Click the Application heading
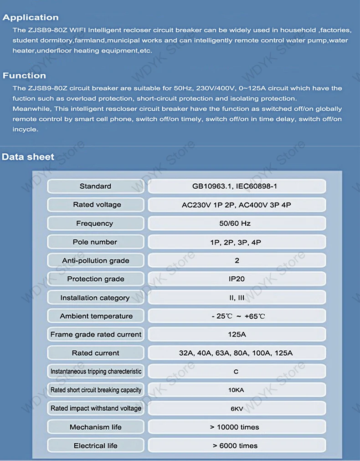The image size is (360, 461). point(31,18)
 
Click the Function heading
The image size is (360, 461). point(25,76)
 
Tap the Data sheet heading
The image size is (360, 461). point(28,157)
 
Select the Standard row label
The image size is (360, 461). point(95,186)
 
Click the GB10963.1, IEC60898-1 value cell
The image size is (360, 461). point(237,186)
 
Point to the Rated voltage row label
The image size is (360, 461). point(97,205)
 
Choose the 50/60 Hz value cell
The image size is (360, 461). point(237,223)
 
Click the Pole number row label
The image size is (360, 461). point(95,242)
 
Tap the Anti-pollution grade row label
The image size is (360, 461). point(96,261)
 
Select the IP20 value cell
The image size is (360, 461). point(237,279)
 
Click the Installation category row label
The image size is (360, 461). point(95,298)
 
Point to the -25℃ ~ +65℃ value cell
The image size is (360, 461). point(237,316)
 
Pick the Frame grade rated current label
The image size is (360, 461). point(96,334)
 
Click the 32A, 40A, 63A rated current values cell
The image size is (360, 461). point(237,353)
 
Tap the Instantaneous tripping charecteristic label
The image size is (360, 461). point(96,372)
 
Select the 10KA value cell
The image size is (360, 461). point(237,390)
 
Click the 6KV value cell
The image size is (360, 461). point(237,409)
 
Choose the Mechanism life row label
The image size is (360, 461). point(96,427)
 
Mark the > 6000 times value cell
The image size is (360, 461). point(237,445)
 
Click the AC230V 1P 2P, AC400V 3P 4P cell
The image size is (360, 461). point(237,205)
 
